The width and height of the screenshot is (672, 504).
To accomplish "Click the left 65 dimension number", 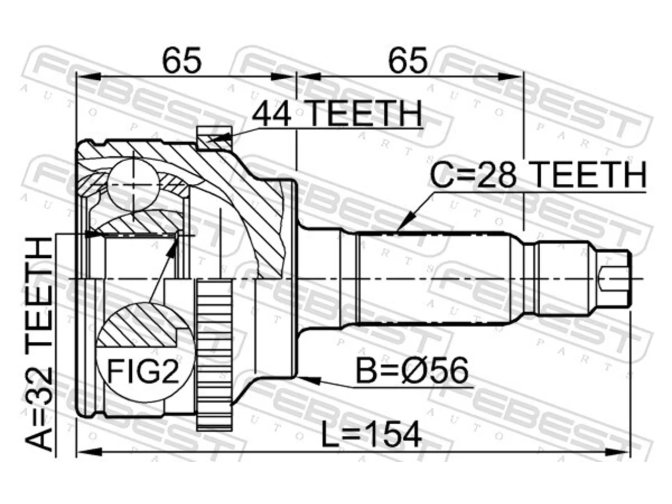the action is tap(182, 60).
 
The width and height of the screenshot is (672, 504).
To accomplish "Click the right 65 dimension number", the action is tap(407, 60).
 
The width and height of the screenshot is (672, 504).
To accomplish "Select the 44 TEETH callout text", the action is tap(337, 113).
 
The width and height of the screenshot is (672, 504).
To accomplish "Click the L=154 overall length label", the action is tap(371, 435).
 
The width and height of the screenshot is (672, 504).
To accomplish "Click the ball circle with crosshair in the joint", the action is tap(134, 184).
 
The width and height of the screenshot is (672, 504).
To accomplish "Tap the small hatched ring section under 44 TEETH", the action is tap(214, 139).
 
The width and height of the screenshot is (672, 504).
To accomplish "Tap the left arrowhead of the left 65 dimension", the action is tap(89, 77).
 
